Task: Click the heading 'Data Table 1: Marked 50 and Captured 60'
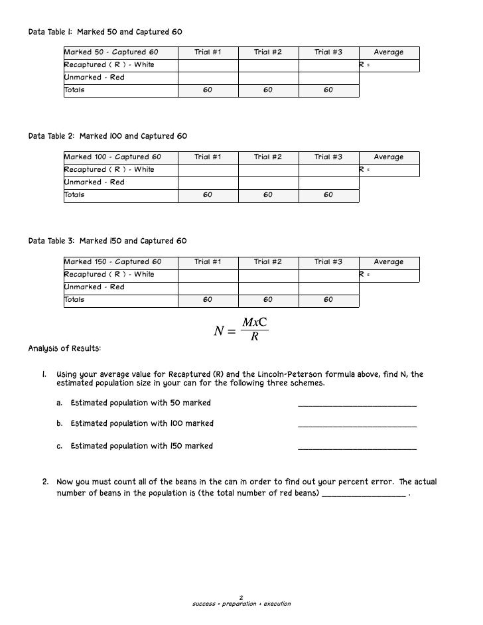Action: [x=105, y=32]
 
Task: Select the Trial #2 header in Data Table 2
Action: [x=267, y=157]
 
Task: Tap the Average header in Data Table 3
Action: [x=389, y=262]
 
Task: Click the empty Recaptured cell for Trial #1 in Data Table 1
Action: [x=208, y=65]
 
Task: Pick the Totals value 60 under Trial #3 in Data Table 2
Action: [x=328, y=195]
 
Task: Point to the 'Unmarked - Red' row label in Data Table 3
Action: [x=94, y=287]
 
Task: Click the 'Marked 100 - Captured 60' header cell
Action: [x=111, y=157]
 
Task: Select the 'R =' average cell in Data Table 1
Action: [x=389, y=65]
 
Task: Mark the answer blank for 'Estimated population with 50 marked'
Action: [x=358, y=405]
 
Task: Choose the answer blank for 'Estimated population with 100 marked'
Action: [x=358, y=426]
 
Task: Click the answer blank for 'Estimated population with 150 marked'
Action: [x=358, y=448]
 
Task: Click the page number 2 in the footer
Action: [x=241, y=596]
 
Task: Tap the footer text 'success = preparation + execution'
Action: [x=241, y=604]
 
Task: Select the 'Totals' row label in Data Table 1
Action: [x=74, y=90]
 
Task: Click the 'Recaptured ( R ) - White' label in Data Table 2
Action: [x=109, y=170]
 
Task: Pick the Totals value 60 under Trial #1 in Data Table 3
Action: [x=208, y=300]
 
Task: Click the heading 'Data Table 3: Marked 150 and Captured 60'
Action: [x=108, y=241]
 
